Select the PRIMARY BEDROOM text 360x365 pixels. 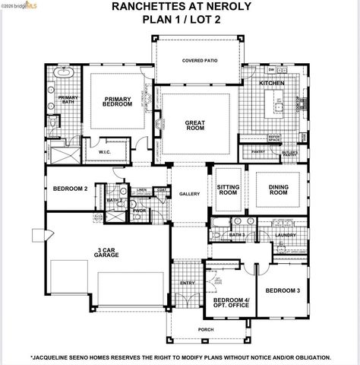[x=117, y=100]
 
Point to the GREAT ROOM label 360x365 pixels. [x=195, y=125]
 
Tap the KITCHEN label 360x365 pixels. [x=272, y=82]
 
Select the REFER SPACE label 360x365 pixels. [x=274, y=138]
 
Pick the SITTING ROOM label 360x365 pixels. [x=228, y=189]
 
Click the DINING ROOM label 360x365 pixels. [x=279, y=190]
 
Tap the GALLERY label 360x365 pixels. [x=189, y=194]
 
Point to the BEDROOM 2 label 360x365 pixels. [x=70, y=188]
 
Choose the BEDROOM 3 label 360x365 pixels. [x=283, y=290]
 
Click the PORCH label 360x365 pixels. [x=205, y=329]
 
